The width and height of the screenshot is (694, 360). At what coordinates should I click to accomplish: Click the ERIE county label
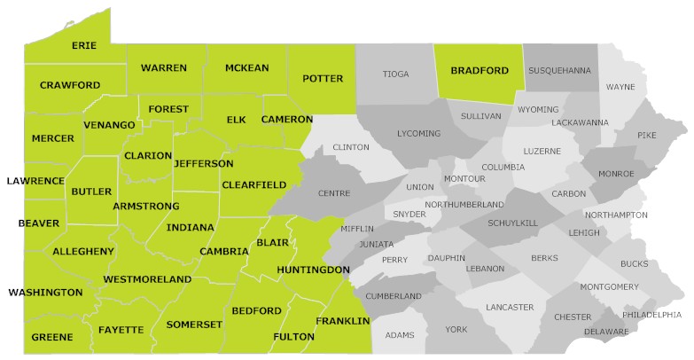point(85,45)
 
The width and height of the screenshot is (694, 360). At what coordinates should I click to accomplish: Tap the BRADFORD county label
point(480,70)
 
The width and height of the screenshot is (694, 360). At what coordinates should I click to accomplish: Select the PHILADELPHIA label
point(651,315)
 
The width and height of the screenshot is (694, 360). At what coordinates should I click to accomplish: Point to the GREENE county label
point(52,338)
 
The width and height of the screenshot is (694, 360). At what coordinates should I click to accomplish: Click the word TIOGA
point(395,74)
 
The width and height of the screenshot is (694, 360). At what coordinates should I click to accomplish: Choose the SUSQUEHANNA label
point(559,70)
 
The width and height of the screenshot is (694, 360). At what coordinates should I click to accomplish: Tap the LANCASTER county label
point(510,308)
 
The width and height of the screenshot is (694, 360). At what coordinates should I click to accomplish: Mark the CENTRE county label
point(336,192)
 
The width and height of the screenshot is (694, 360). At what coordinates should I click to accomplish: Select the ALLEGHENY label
point(83,252)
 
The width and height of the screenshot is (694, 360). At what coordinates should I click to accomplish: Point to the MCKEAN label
point(246,68)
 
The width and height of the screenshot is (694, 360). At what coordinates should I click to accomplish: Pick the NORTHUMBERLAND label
point(464,205)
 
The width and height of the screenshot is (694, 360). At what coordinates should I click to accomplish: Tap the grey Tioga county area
point(394,93)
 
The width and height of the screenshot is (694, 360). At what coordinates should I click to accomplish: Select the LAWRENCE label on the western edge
point(35,181)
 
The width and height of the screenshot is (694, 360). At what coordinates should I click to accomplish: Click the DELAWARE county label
point(606,332)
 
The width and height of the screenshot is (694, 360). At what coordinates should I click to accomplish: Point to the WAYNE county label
point(620,87)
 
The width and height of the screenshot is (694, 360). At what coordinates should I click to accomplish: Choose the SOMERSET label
point(193,325)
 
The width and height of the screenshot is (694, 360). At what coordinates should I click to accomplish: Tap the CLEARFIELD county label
point(253,184)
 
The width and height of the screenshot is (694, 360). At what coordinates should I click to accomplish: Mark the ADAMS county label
point(400,335)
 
